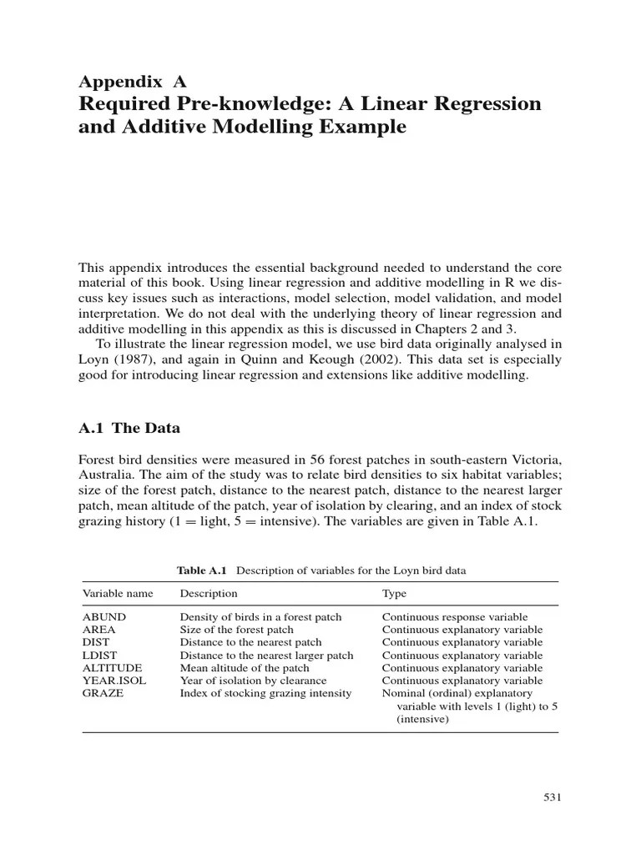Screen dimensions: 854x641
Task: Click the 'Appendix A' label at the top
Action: click(132, 81)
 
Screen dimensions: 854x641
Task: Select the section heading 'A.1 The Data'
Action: click(129, 429)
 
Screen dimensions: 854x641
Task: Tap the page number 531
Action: click(552, 797)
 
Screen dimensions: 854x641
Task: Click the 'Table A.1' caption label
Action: click(202, 570)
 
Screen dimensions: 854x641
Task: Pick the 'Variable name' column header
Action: click(118, 594)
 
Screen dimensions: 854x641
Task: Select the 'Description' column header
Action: click(209, 594)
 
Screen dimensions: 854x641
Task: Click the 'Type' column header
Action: click(395, 594)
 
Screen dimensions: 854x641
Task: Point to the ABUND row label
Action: click(104, 617)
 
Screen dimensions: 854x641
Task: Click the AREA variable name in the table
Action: click(99, 630)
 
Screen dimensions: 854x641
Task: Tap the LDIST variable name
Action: click(101, 656)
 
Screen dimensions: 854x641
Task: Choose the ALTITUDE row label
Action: click(112, 668)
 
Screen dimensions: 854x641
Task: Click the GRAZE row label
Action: click(103, 693)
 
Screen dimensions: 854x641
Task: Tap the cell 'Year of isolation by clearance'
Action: click(253, 681)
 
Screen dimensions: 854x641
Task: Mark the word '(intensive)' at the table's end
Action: click(422, 718)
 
